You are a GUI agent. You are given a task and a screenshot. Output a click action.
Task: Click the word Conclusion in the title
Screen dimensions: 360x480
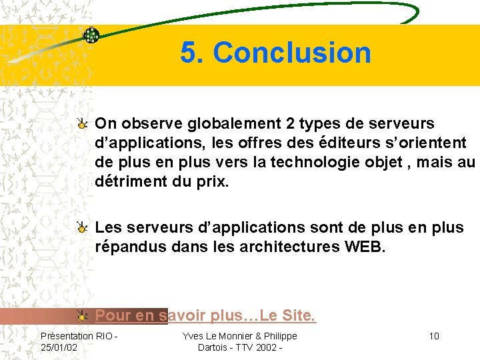point(292,53)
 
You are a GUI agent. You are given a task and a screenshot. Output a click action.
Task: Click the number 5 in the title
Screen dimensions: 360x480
point(189,53)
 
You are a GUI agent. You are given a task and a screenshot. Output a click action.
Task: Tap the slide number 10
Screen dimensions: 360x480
point(434,335)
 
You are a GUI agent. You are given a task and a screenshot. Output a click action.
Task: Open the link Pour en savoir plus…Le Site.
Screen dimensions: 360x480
point(205,315)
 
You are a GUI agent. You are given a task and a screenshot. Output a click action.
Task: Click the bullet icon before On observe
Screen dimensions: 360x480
point(82,123)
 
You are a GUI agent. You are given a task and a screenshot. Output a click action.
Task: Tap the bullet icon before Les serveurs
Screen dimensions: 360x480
point(82,228)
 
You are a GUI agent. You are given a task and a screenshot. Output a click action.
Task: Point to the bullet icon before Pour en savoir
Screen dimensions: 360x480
point(82,315)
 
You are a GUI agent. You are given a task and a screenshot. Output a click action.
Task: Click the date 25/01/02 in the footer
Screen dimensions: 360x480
point(59,347)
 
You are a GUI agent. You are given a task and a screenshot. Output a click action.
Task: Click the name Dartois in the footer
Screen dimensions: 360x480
point(214,347)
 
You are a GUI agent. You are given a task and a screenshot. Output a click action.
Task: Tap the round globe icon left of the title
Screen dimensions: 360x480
point(91,35)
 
